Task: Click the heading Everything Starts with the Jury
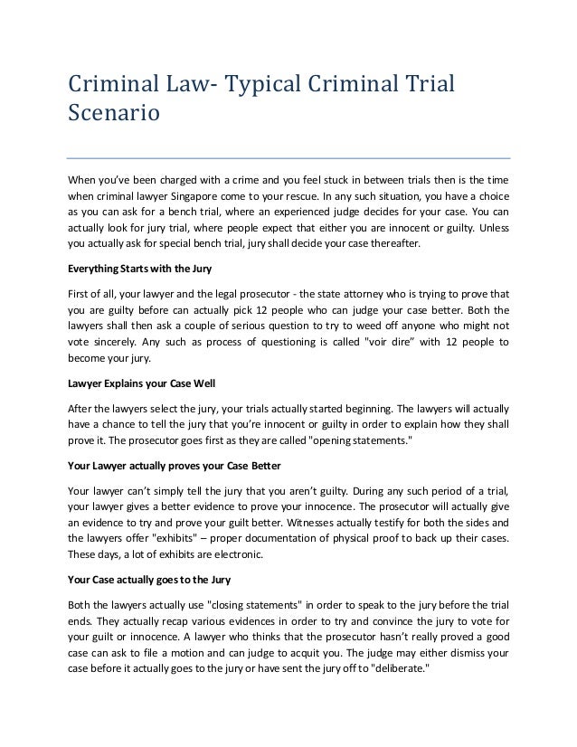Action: [143, 269]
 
